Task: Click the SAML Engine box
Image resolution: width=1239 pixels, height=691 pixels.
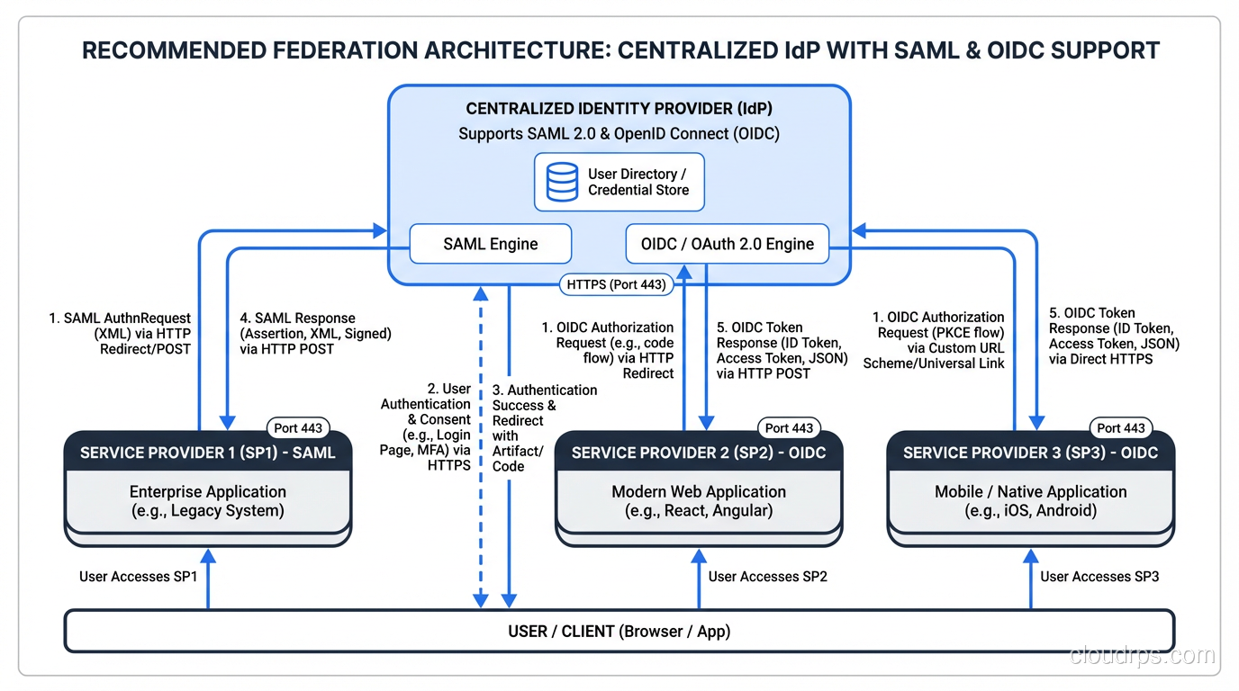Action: coord(491,244)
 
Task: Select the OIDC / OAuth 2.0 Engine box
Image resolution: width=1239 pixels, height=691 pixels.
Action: coord(727,244)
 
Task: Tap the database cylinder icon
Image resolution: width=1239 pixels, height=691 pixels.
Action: coord(563,182)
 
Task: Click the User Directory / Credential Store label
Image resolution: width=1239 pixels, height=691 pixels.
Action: coord(638,182)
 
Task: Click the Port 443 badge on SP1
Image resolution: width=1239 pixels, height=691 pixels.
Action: coord(298,428)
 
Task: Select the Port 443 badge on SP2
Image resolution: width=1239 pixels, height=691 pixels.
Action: coord(789,428)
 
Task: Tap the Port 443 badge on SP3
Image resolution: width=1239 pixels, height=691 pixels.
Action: coord(1121,428)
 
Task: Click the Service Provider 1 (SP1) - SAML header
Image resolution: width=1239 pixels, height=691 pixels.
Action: coord(207,453)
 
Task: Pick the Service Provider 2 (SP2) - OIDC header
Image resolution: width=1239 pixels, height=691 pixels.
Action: coord(699,453)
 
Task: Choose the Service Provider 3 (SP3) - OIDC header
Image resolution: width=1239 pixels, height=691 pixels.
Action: coord(1030,453)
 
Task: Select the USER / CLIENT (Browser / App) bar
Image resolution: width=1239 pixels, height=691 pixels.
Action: coord(619,631)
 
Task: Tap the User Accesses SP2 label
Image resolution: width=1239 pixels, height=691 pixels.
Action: coord(767,576)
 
